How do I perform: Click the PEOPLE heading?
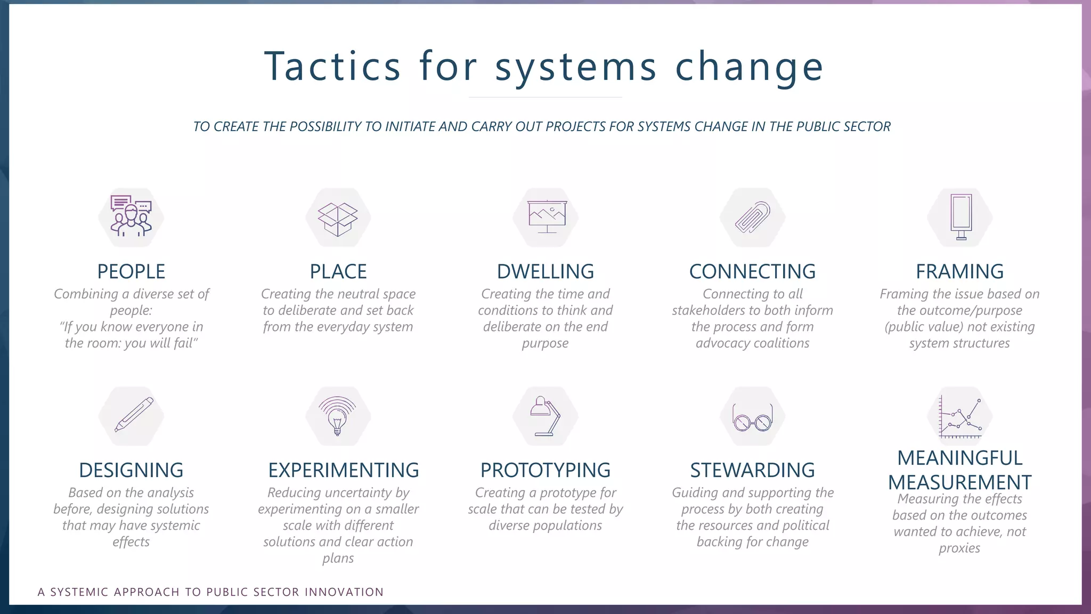(131, 272)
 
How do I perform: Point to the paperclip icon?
(752, 217)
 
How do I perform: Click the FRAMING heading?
(959, 272)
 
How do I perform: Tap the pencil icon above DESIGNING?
(134, 415)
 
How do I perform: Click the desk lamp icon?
(545, 416)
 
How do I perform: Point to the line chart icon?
(960, 417)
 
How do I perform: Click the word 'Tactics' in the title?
(332, 67)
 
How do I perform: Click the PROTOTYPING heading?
(545, 471)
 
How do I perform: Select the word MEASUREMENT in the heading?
(959, 482)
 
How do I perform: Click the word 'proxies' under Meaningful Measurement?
(959, 548)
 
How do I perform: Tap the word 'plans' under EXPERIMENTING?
(338, 559)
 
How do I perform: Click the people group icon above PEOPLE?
(131, 216)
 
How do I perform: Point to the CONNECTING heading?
(752, 272)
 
